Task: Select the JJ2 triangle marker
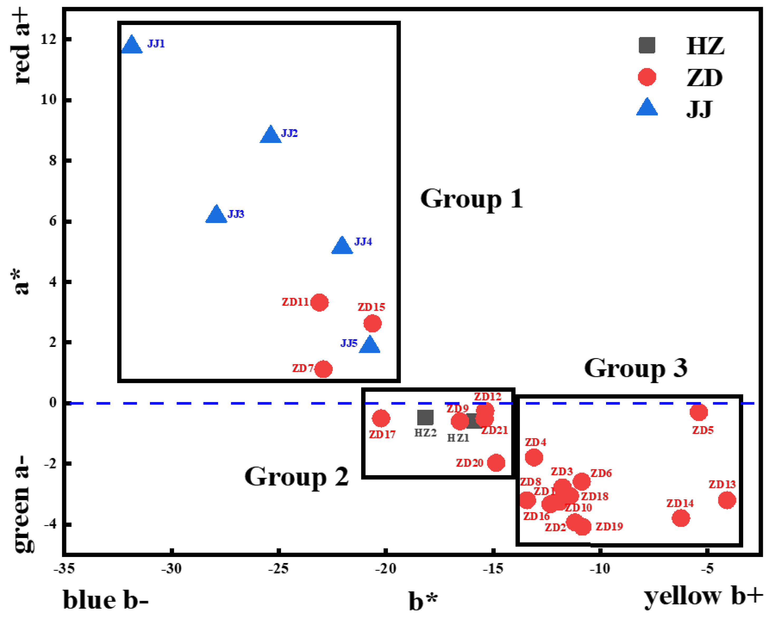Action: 270,135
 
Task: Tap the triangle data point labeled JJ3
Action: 216,215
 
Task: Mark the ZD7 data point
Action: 323,369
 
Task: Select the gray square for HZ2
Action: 425,417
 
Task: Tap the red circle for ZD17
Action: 381,418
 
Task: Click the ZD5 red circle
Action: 699,412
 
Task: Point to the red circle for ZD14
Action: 681,518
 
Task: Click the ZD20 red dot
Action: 496,462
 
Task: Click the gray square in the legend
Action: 647,45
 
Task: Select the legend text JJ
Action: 699,109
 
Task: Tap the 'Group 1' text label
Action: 471,199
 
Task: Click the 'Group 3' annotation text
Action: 635,369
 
